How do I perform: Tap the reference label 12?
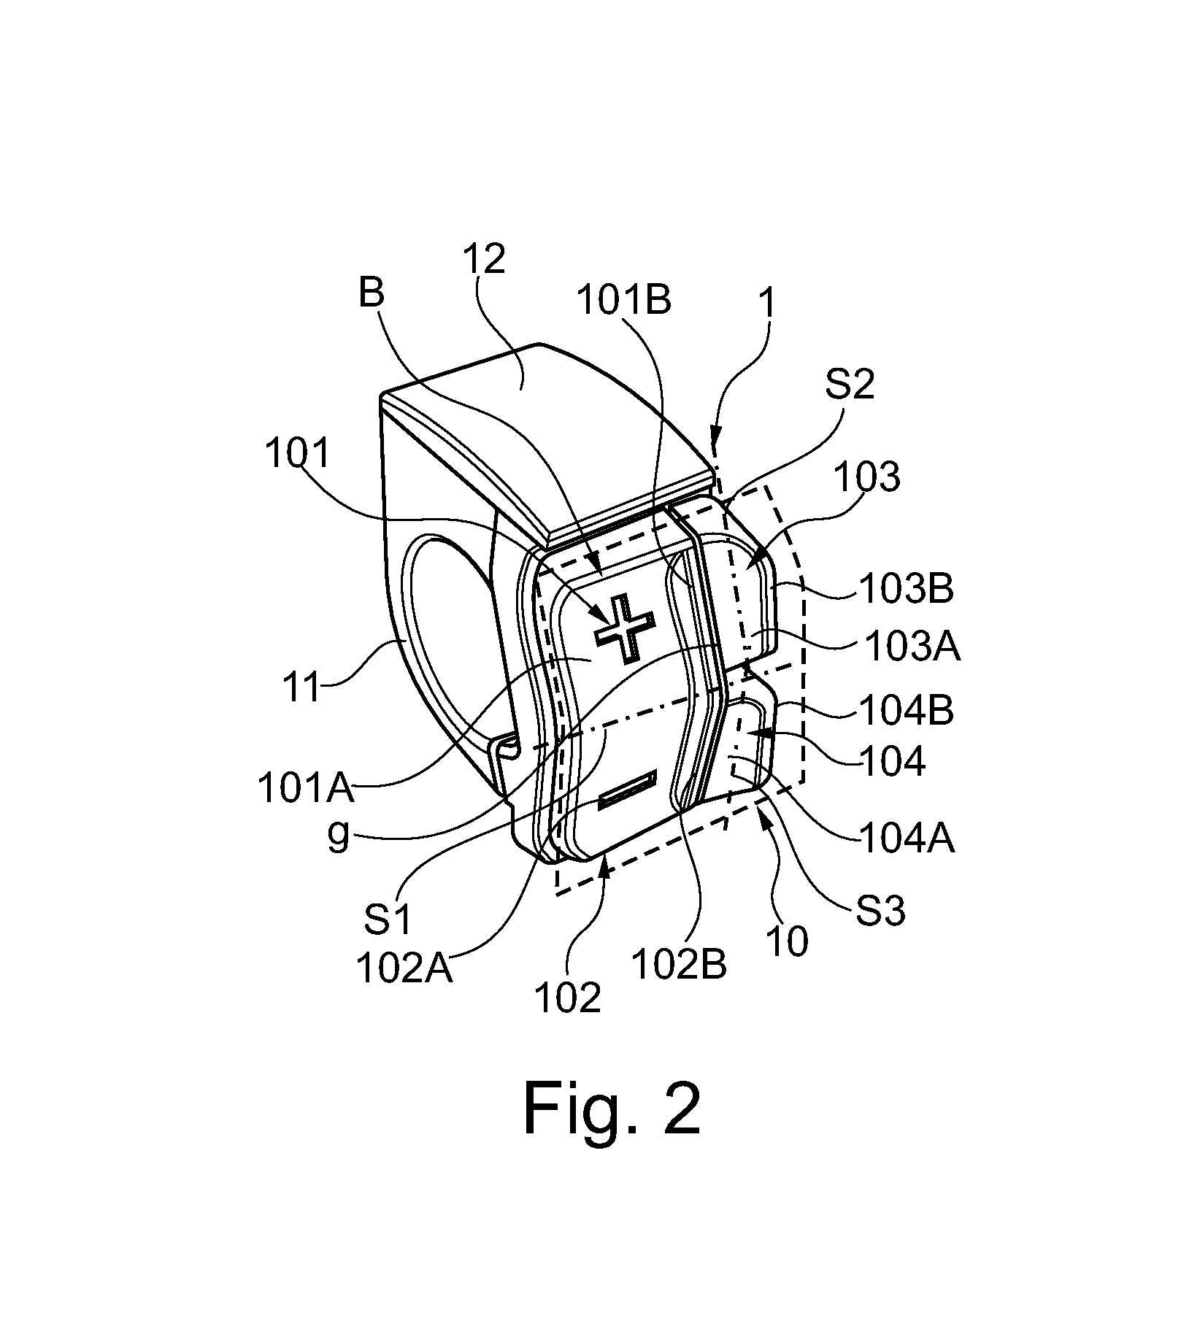coord(483,259)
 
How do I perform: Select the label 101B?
coord(623,299)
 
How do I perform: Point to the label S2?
coord(850,384)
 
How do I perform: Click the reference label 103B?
coord(905,587)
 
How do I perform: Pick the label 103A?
coord(912,646)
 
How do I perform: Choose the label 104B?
coord(906,710)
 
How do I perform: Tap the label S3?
coord(880,911)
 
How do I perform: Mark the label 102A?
coord(404,969)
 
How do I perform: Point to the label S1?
coord(388,920)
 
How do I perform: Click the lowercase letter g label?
coord(339,836)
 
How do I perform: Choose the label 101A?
coord(306,788)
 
